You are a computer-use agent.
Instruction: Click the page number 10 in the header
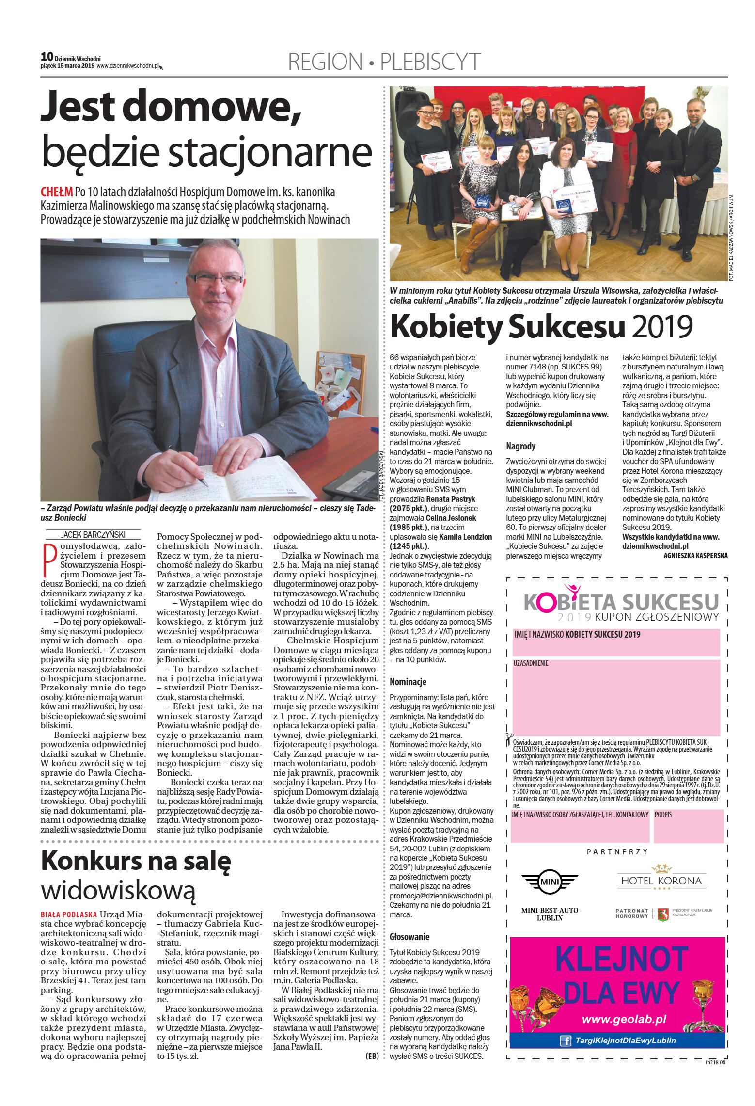pyautogui.click(x=47, y=57)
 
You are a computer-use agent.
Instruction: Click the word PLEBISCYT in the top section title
pyautogui.click(x=430, y=62)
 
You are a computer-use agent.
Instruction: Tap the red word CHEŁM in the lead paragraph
pyautogui.click(x=56, y=192)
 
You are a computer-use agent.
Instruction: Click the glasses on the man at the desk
pyautogui.click(x=216, y=279)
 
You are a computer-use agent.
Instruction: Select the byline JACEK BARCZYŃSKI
pyautogui.click(x=93, y=535)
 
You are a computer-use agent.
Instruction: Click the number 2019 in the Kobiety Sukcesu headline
pyautogui.click(x=662, y=327)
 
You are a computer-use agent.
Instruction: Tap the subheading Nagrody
pyautogui.click(x=520, y=446)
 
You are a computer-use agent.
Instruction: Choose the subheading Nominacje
pyautogui.click(x=408, y=682)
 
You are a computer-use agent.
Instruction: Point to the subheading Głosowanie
pyautogui.click(x=409, y=937)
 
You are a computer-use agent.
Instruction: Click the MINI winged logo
pyautogui.click(x=550, y=881)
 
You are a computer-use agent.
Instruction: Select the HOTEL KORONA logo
pyautogui.click(x=661, y=879)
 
